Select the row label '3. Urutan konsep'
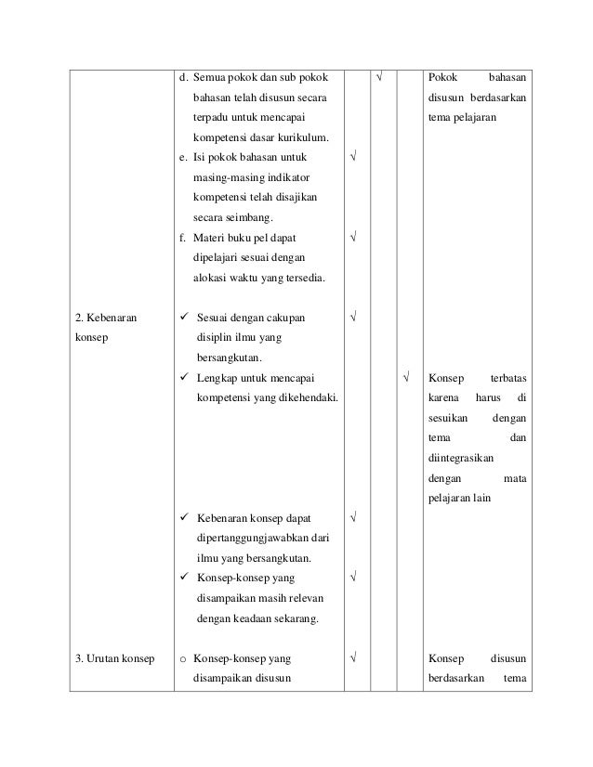click(x=115, y=659)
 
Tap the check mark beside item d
click(x=379, y=75)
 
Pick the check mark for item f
click(x=353, y=237)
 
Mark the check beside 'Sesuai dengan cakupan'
click(x=353, y=318)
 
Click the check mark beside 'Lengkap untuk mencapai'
click(x=405, y=379)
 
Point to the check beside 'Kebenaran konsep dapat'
click(x=353, y=516)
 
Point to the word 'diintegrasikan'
click(x=461, y=458)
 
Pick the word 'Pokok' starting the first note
click(x=441, y=75)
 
